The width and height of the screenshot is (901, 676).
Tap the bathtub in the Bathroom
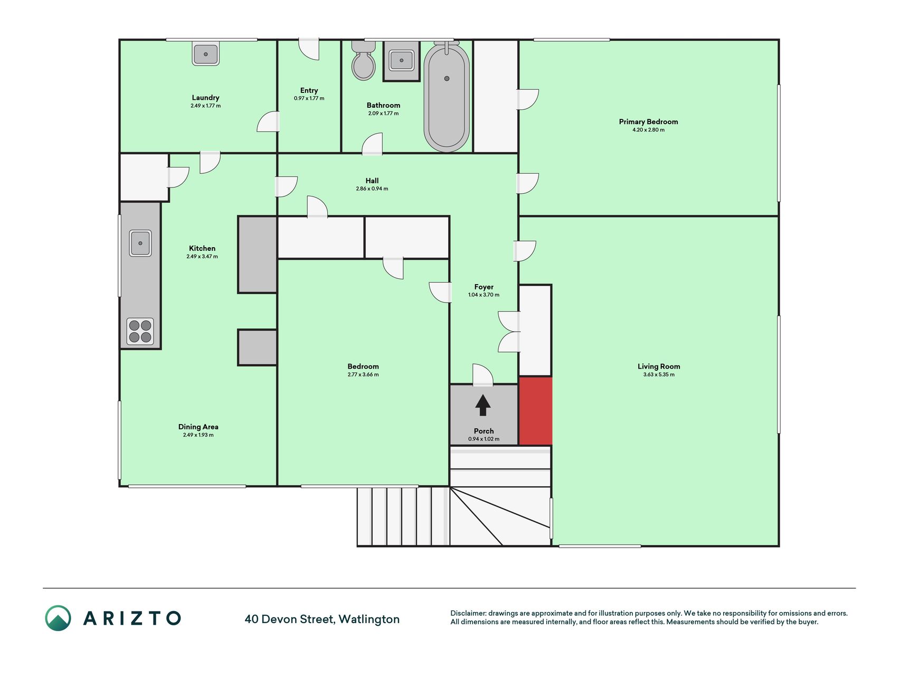pos(447,97)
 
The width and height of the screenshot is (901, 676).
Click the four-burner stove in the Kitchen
pos(140,331)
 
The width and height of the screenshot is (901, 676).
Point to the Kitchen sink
pos(140,243)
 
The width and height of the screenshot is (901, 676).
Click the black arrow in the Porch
pos(483,406)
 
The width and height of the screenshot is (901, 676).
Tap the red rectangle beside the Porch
pos(535,411)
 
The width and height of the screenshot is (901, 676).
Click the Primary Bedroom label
pos(648,121)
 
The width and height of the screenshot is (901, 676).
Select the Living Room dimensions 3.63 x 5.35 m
pos(659,374)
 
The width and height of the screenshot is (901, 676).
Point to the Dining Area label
pos(198,427)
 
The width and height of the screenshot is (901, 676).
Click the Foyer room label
pos(483,287)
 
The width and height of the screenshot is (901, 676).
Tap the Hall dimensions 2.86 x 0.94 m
pos(372,189)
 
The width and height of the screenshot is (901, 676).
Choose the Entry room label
pos(309,90)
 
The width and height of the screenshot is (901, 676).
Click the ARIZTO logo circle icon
pos(58,618)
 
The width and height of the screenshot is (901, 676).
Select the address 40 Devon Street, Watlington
pos(322,619)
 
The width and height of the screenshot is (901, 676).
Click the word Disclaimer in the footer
pos(467,613)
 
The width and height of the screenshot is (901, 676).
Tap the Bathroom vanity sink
pos(402,60)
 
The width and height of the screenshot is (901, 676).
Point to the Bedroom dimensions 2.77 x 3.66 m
pos(363,374)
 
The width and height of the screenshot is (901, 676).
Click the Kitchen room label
pos(202,248)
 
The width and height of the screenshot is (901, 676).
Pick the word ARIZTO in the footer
pos(132,618)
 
